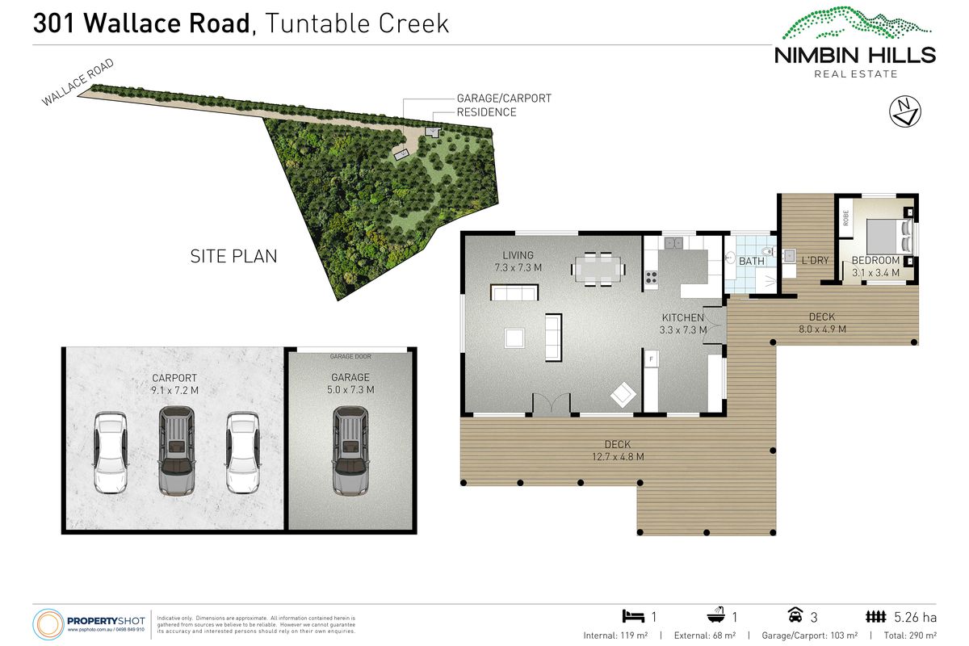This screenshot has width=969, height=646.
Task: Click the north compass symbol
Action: (x=905, y=111)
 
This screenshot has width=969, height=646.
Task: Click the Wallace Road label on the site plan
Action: (x=79, y=82)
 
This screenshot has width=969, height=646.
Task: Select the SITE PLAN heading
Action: (x=233, y=257)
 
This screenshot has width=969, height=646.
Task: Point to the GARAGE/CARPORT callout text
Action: (x=504, y=99)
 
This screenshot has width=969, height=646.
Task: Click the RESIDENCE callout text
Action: (x=486, y=112)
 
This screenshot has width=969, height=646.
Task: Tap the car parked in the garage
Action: (x=350, y=451)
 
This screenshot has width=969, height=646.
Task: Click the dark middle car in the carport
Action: (x=176, y=451)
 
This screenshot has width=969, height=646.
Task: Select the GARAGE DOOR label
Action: (x=350, y=356)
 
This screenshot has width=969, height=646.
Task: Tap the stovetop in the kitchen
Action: (x=651, y=279)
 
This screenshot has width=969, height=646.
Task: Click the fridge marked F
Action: (x=651, y=357)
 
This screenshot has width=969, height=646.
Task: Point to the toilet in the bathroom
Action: (x=732, y=258)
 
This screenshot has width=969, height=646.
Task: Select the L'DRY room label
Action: (x=815, y=261)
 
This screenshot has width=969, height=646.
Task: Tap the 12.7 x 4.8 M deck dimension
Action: (x=618, y=457)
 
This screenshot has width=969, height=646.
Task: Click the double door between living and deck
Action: (x=551, y=404)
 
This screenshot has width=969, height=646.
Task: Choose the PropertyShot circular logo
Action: (x=48, y=624)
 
